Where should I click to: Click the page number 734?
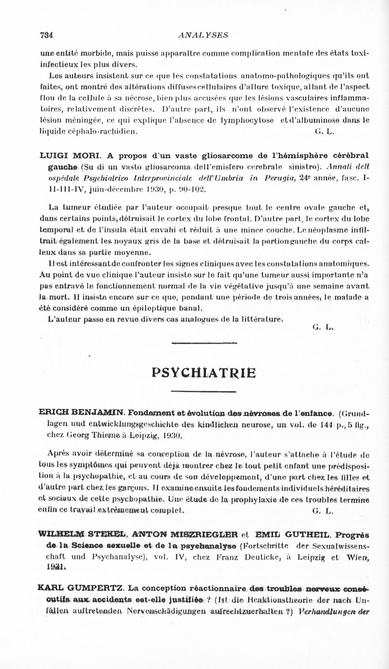(x=46, y=35)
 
